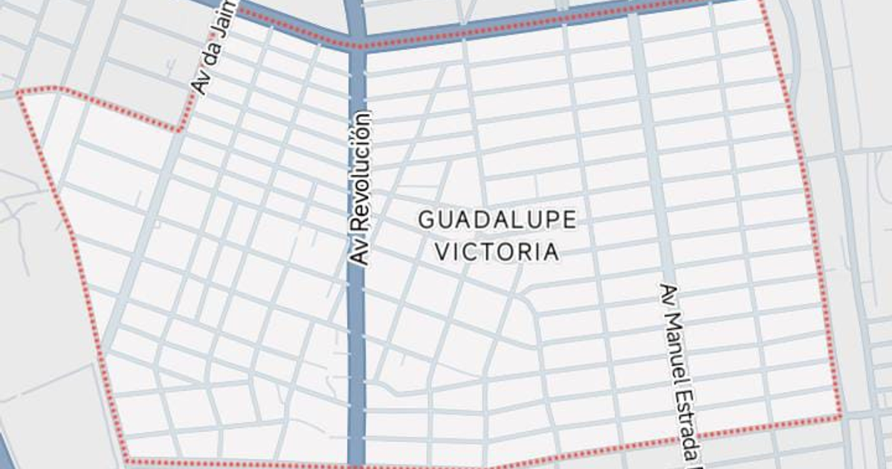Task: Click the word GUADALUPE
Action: point(497,220)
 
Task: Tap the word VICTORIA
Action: point(497,252)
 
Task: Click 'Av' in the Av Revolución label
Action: point(361,255)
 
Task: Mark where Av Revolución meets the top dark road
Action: point(358,43)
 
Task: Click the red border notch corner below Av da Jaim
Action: point(181,130)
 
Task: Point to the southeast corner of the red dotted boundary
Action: point(841,415)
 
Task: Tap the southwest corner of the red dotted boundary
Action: point(126,460)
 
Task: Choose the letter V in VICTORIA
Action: point(442,252)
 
